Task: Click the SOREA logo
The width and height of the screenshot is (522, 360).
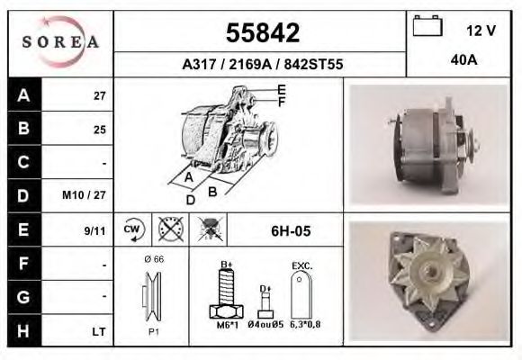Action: (60, 42)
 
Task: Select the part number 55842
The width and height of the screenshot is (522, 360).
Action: (261, 34)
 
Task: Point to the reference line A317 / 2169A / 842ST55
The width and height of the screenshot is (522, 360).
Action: (261, 64)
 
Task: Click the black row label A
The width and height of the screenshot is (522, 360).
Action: (22, 95)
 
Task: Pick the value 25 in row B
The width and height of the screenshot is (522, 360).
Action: (99, 130)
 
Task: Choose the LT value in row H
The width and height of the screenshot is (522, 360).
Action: (99, 332)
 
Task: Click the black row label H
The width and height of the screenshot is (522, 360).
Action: (22, 331)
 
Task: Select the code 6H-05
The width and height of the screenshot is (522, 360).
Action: (291, 230)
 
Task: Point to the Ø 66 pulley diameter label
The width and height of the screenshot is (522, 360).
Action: (152, 258)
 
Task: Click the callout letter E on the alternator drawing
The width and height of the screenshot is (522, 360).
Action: (282, 89)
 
